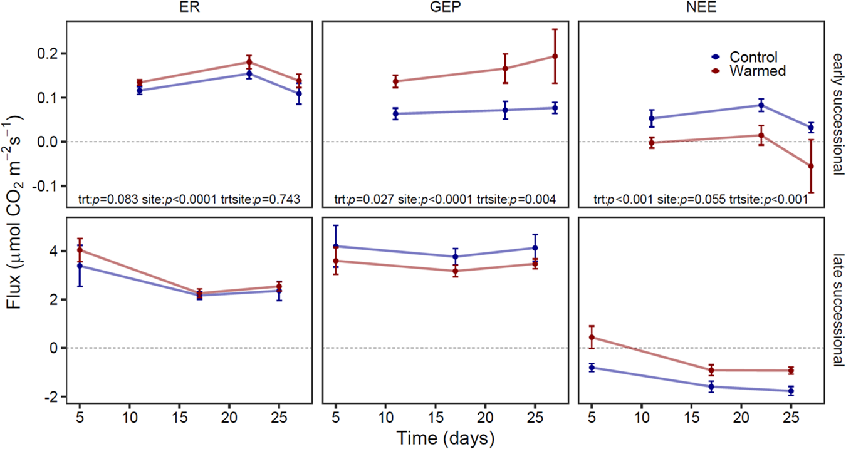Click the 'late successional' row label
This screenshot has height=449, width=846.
pyautogui.click(x=837, y=310)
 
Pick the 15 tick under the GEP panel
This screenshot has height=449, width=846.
pyautogui.click(x=434, y=417)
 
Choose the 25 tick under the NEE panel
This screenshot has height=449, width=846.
pyautogui.click(x=791, y=417)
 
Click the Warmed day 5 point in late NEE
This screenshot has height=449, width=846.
pyautogui.click(x=592, y=338)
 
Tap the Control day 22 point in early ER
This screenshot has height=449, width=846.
pyautogui.click(x=249, y=74)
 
